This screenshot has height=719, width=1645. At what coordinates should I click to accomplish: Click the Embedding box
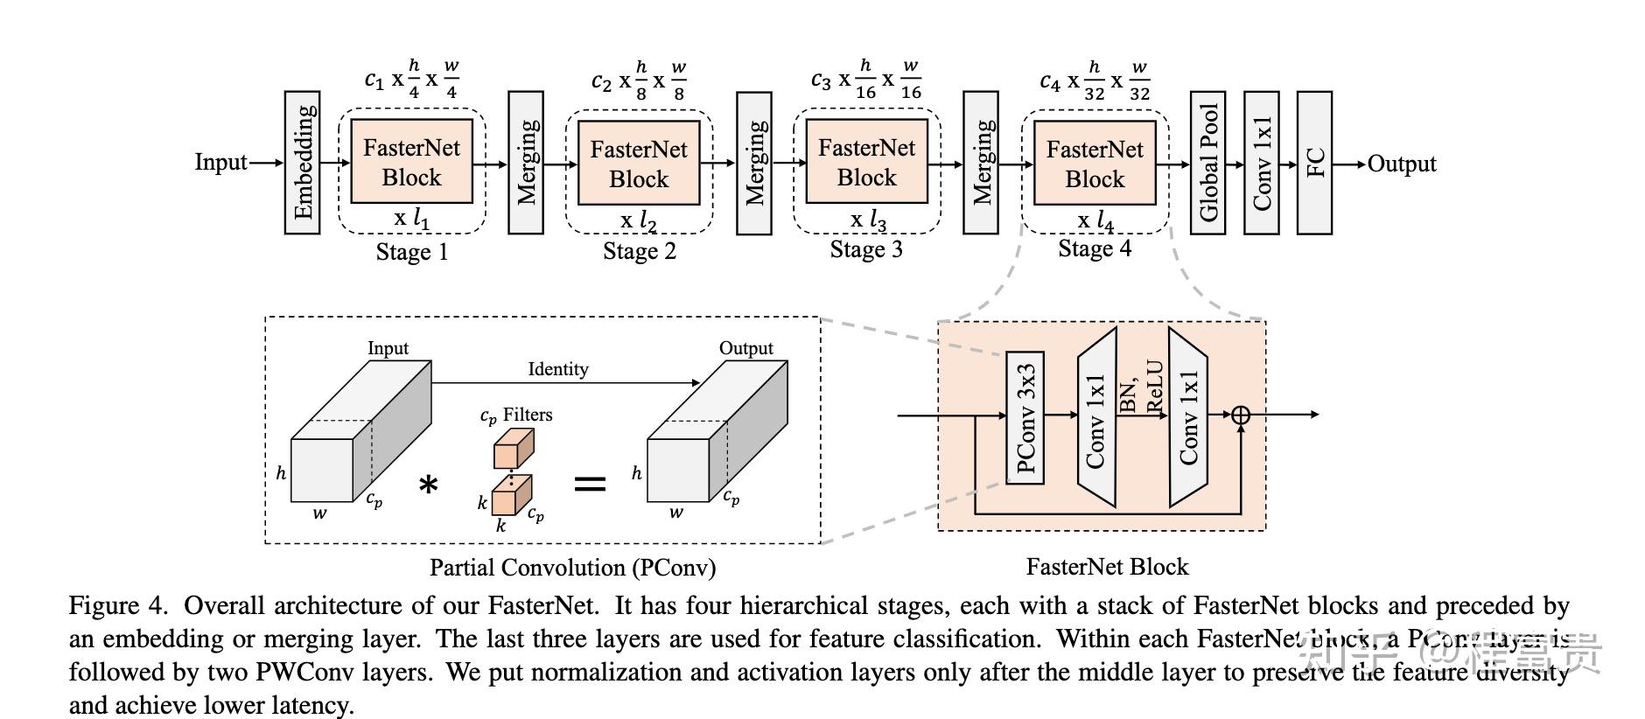(302, 163)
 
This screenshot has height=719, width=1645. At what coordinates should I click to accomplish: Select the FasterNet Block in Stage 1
(411, 163)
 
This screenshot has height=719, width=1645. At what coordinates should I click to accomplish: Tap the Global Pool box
(1207, 164)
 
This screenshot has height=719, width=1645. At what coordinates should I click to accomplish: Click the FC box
(1314, 164)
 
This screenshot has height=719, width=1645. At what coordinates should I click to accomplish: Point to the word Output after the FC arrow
(1402, 164)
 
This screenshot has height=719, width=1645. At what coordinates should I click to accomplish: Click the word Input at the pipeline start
(220, 163)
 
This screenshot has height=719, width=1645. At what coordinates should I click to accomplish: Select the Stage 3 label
(866, 250)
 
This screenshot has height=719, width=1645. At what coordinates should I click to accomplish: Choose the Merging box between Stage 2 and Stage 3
(753, 164)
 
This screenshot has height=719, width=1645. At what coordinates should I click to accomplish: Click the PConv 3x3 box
(1025, 417)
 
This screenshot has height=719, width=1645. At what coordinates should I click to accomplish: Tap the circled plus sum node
(1241, 415)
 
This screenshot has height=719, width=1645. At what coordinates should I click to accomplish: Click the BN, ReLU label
(1142, 387)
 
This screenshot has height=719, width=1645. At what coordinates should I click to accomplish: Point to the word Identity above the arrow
(558, 369)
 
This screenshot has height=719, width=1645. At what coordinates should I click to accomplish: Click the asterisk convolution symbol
(428, 485)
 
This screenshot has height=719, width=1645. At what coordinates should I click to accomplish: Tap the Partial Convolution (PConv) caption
(572, 568)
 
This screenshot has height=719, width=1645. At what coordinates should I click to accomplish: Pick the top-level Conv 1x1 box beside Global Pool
(1262, 164)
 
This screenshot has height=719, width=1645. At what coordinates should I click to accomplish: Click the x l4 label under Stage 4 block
(1095, 221)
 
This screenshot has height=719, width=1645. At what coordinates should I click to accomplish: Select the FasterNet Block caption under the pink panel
(1107, 567)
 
